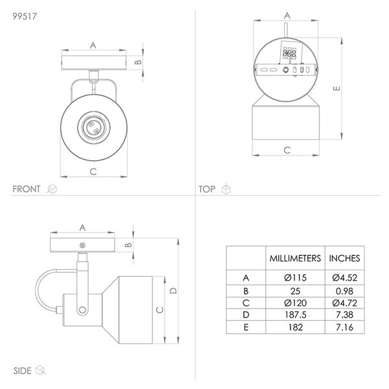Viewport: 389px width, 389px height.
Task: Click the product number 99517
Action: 25,16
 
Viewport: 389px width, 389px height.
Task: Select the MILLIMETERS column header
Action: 295,258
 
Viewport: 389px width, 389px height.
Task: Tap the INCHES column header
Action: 344,258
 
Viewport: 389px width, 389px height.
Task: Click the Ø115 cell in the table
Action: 295,277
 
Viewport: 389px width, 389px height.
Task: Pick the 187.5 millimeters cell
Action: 296,314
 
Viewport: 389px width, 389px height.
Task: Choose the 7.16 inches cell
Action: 344,327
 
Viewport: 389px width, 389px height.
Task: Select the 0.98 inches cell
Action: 344,290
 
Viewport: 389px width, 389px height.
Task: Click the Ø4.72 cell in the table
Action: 345,303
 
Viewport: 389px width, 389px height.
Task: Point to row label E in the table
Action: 246,327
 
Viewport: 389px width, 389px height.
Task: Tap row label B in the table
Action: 246,290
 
